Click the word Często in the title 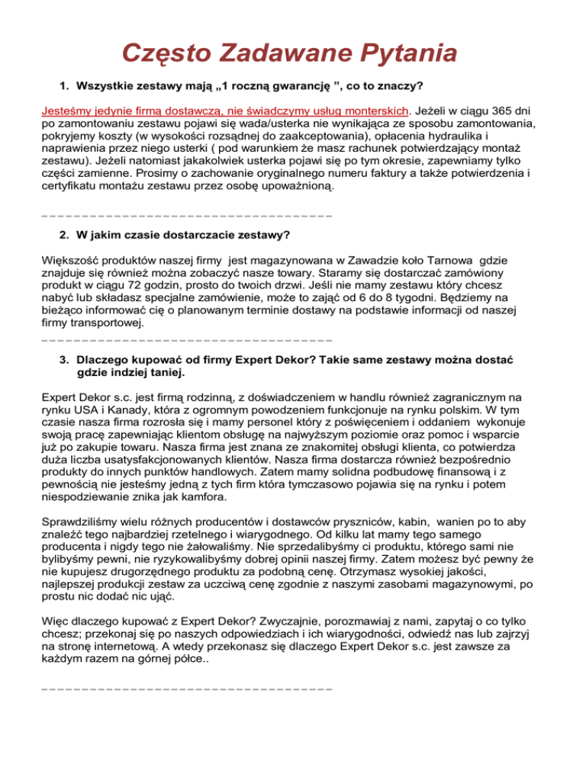click(x=169, y=54)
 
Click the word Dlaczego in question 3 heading click(x=105, y=381)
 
